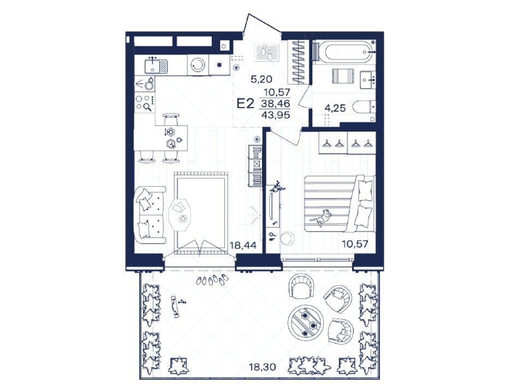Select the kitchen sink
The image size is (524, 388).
tap(156, 66)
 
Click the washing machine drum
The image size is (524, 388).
tap(198, 65)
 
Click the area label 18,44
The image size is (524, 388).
tap(243, 245)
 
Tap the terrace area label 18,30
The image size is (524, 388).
tap(263, 367)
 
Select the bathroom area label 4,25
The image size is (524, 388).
tap(335, 108)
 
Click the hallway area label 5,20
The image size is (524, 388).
tap(261, 79)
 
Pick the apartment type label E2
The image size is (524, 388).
tap(246, 103)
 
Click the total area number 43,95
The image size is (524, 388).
tap(276, 115)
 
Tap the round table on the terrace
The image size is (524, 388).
tap(306, 322)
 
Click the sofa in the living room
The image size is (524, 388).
tap(151, 215)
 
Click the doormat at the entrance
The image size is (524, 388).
tap(267, 52)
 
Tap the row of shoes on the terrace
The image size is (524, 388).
tap(212, 280)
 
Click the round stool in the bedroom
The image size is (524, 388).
tap(287, 238)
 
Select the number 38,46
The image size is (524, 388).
tap(276, 104)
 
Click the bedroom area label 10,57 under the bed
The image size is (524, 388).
tap(355, 244)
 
